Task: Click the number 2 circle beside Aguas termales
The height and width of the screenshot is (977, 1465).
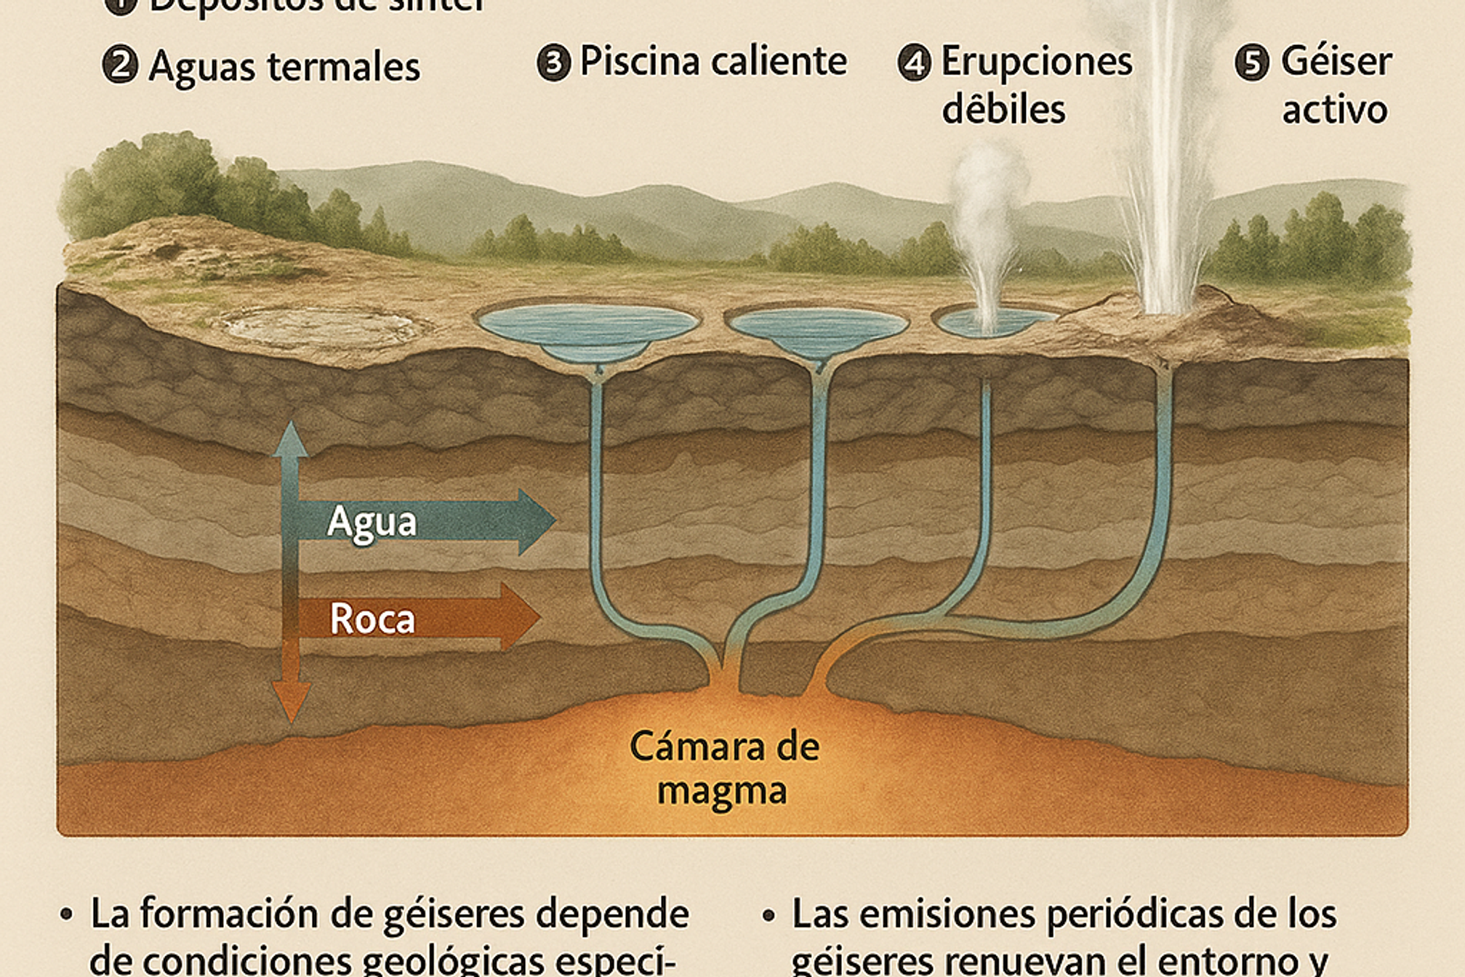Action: (x=120, y=65)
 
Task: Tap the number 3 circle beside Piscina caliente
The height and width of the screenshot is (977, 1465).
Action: (x=553, y=63)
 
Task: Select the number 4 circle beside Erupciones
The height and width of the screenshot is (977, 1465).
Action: (x=915, y=63)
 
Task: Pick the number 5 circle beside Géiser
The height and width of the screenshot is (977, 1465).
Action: (x=1252, y=63)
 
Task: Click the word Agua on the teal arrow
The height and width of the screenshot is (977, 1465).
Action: (x=372, y=522)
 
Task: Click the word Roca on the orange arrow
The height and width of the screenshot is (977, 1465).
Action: (x=372, y=619)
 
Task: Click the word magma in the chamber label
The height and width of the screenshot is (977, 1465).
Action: (x=722, y=791)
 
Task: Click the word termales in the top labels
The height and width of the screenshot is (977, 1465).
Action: (x=344, y=67)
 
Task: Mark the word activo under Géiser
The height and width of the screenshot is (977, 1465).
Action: (x=1334, y=110)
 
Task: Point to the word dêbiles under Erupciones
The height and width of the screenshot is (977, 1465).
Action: (x=1003, y=110)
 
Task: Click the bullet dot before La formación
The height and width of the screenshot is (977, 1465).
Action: (x=67, y=914)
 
